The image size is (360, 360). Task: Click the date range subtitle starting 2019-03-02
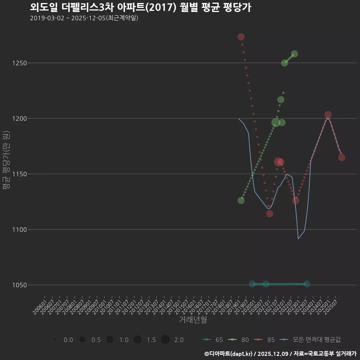pos(84,18)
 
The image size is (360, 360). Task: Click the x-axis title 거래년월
pos(193,320)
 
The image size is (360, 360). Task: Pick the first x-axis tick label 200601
pos(40,304)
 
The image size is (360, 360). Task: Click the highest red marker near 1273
pos(241,37)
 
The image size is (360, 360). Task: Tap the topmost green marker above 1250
pos(294,54)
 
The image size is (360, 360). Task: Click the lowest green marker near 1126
pos(241,201)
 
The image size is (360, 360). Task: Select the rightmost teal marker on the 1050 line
pos(307,284)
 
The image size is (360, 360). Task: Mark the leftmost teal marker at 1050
pos(252,284)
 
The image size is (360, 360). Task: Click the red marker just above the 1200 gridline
pos(328,115)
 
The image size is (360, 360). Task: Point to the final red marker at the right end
pos(342,157)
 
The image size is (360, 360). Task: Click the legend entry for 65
pos(213,340)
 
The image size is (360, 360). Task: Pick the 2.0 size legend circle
pos(165,340)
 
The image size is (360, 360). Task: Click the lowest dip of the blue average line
pos(298,239)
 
